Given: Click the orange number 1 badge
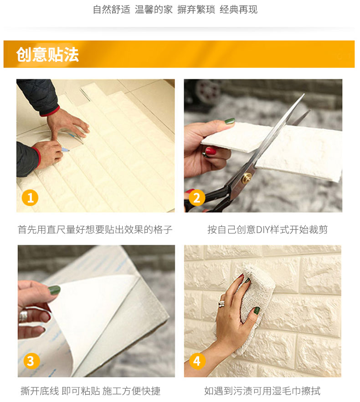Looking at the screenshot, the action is click(30, 198).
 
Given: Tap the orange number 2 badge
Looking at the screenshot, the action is click(197, 198).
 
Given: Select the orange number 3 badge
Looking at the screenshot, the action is click(31, 361).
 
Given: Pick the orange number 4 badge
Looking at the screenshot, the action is click(197, 361).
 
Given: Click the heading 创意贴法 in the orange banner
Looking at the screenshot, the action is click(47, 54).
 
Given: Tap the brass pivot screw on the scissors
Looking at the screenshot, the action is click(247, 177).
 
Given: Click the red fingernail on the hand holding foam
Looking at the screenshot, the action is click(211, 151).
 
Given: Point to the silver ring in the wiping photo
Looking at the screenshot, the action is click(221, 304).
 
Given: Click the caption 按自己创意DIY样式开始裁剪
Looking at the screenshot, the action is click(267, 229).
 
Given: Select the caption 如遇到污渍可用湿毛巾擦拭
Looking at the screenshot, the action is click(262, 391).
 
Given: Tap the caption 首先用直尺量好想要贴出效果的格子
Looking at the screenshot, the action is click(95, 229).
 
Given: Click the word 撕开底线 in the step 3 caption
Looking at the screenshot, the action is click(40, 391).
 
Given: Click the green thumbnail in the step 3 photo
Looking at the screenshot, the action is click(54, 290).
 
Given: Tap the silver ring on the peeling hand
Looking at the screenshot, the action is click(23, 316).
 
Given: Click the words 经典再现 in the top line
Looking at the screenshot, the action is click(238, 10).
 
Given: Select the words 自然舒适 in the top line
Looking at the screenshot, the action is click(112, 10).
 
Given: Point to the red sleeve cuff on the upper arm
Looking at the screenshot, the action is click(50, 112).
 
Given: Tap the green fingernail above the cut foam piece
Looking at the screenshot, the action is click(230, 121).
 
